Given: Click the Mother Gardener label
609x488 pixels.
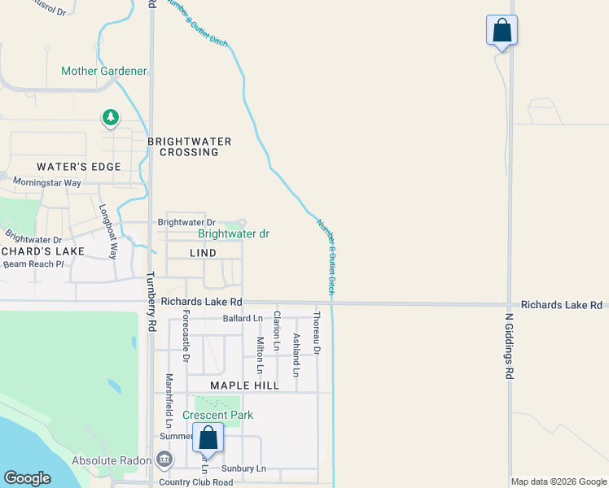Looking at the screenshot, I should (103, 72).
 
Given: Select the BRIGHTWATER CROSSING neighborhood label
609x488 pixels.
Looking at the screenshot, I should (189, 146).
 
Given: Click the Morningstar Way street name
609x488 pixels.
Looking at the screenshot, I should (47, 183).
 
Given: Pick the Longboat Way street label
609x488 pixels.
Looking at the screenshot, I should (108, 229).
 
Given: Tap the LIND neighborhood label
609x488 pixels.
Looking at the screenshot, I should (203, 253).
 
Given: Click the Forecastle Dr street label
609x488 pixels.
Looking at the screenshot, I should (186, 335).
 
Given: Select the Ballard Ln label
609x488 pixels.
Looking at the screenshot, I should (243, 318).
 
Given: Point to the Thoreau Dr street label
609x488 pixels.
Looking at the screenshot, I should (317, 333).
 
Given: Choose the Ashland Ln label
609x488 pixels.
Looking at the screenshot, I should (296, 355).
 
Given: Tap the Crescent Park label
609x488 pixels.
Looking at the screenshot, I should (217, 415).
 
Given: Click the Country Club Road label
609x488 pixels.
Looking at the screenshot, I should (195, 482).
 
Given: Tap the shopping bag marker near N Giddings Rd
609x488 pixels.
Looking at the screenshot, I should (502, 31).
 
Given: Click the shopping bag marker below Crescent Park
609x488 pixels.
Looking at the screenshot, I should (208, 438).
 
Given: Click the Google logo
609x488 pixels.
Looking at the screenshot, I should (28, 478).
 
